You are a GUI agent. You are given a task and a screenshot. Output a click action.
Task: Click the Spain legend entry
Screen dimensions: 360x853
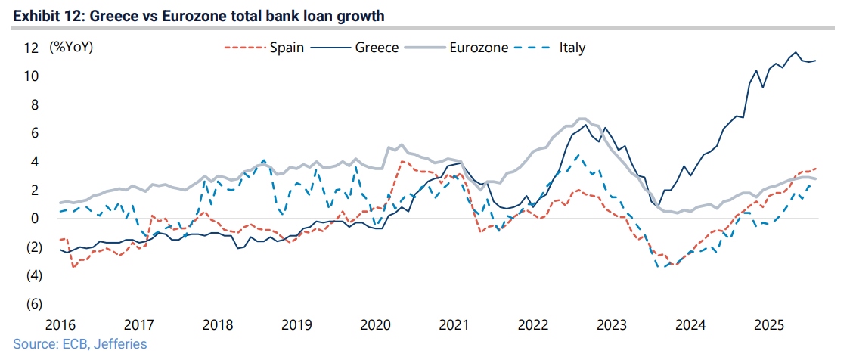pos(287,48)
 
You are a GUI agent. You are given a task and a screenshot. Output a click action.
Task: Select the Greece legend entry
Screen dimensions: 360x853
pos(377,48)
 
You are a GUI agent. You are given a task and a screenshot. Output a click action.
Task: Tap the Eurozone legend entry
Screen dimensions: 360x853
pos(478,48)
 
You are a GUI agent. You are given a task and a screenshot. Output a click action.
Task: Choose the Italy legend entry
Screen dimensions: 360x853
pos(572,48)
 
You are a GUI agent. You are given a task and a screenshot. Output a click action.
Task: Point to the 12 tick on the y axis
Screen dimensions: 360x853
pos(32,48)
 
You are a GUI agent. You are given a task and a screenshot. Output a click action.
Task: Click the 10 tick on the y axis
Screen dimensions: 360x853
pos(32,76)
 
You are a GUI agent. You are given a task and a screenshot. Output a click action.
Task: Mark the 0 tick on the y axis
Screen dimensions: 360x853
pos(35,219)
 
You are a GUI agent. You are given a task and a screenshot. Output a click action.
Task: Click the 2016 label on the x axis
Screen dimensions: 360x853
pos(60,325)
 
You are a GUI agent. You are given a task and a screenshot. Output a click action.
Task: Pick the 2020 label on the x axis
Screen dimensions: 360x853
pos(375,325)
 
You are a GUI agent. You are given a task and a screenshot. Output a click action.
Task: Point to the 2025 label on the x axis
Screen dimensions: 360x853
pos(769,325)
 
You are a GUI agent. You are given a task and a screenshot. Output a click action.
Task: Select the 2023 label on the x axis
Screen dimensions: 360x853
pos(612,325)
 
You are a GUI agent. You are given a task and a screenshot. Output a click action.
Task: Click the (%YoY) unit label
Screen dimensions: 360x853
pos(71,48)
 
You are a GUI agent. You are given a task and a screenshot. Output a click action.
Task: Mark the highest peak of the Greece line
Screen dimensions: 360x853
pos(795,53)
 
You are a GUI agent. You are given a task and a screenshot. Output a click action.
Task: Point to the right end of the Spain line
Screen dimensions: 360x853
pos(816,169)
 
